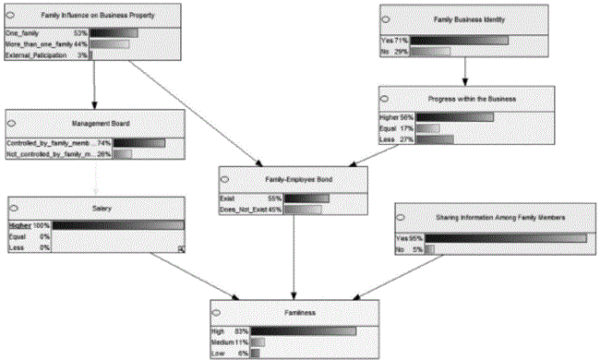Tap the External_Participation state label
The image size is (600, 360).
pos(42,55)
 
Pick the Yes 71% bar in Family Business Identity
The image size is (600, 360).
pos(459,41)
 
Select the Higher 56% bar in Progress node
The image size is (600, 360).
pos(455,117)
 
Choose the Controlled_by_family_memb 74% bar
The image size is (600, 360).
pos(138,143)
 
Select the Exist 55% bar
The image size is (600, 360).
pos(306,198)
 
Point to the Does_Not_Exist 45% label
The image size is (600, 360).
pos(249,210)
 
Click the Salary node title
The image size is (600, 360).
pos(96,209)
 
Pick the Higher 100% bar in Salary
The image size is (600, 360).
pos(118,224)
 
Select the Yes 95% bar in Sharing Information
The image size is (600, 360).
pos(505,237)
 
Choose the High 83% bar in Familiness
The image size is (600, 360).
pos(303,330)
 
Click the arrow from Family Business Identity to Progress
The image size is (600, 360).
pos(465,71)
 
